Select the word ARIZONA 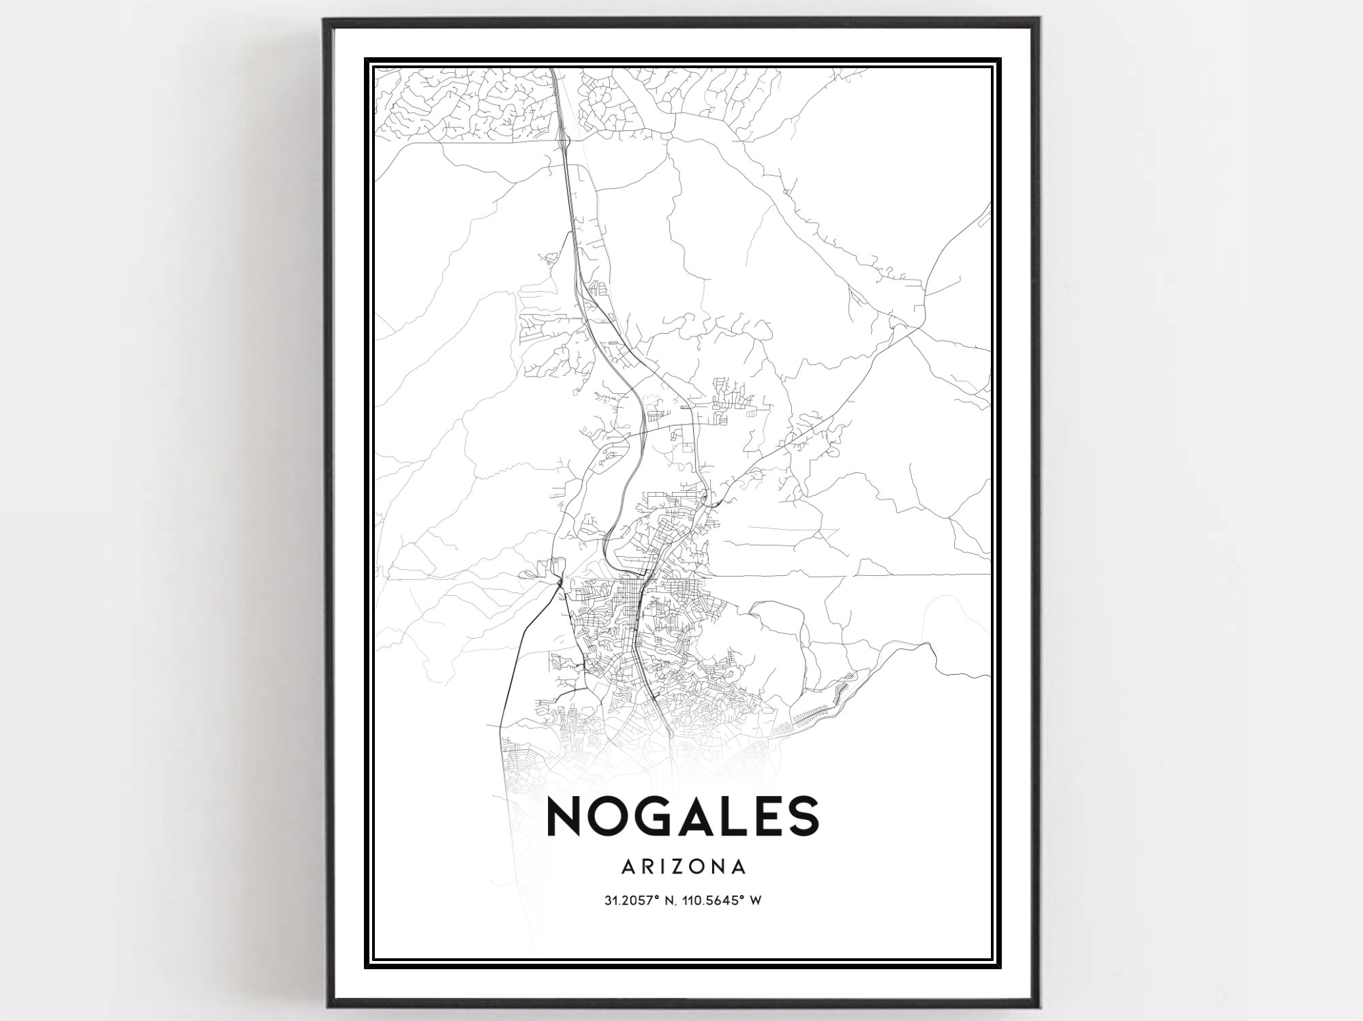tap(683, 867)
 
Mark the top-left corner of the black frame tap(325, 20)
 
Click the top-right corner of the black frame tap(1041, 20)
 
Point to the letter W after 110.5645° tap(755, 901)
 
